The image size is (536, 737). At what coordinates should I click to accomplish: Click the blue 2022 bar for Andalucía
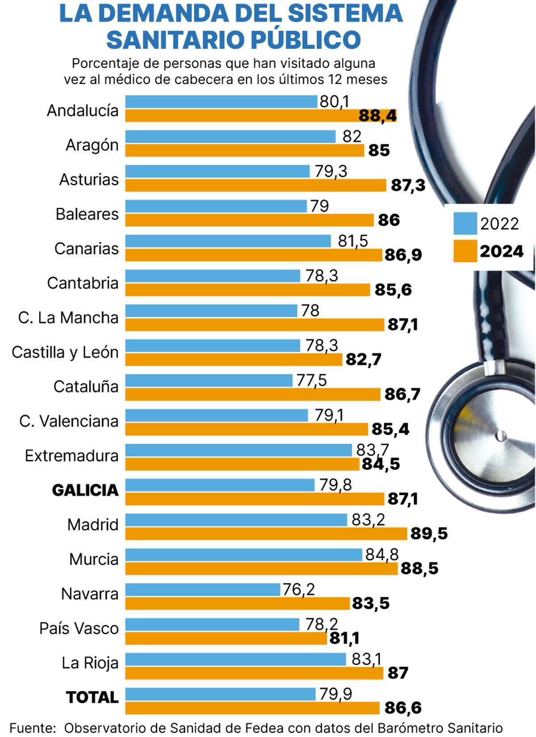point(221,101)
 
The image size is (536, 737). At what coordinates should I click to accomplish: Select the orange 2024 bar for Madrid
point(266,534)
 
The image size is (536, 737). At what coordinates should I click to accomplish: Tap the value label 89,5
point(429,534)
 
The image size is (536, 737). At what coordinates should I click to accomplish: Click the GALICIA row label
point(85,490)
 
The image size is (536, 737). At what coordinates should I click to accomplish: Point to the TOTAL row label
point(92,697)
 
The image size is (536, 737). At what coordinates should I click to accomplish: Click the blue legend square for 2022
point(465,223)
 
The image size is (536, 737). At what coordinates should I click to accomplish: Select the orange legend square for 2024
point(465,251)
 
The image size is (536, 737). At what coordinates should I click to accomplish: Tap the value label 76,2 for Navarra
point(298,589)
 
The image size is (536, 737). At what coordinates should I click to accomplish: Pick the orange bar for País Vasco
point(226,638)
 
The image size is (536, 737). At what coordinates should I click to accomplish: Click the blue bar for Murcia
point(243,555)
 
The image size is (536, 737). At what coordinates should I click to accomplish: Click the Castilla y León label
point(65,352)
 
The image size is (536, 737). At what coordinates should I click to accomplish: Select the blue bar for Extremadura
point(238,450)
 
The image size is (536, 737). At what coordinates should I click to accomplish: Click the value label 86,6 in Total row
point(402,708)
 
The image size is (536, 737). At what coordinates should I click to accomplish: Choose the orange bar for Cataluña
point(252,394)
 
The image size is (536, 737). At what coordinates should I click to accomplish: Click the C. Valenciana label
point(69,421)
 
